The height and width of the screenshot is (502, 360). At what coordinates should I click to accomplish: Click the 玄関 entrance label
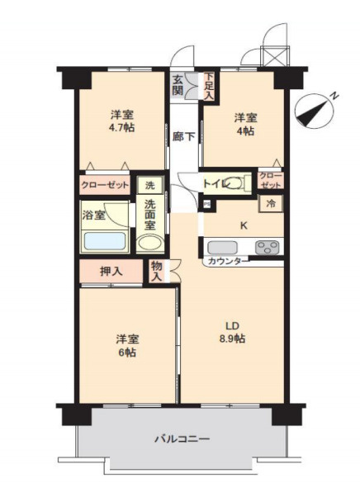point(178,84)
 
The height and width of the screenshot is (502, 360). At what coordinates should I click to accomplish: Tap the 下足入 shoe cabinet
point(209,86)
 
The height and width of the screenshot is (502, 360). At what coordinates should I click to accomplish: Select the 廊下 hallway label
point(183,136)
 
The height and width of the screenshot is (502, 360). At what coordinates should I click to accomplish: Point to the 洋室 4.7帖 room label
point(122,121)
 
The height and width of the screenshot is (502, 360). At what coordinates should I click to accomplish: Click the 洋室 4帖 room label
point(245,124)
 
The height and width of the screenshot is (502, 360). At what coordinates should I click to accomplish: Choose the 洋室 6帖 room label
point(127,346)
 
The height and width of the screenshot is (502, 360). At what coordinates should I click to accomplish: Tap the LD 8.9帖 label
point(232,332)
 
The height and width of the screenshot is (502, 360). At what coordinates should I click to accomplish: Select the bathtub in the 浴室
point(104,241)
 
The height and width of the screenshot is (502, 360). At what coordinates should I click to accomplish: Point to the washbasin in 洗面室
point(150,244)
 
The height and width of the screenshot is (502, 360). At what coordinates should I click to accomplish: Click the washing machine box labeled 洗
point(150,185)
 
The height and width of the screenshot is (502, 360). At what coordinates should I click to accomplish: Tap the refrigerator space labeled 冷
point(271,203)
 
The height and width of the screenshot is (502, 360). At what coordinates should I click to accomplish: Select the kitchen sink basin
point(222,248)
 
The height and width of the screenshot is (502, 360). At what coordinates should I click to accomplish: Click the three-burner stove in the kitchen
point(268,247)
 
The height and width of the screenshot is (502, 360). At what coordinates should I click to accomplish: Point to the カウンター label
point(228,261)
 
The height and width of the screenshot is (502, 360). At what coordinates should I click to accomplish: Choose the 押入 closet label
point(111,272)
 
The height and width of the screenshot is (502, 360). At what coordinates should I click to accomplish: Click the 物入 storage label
point(157,271)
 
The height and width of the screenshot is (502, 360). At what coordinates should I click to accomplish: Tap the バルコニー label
point(182,438)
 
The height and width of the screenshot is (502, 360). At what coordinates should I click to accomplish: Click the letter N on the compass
point(335,96)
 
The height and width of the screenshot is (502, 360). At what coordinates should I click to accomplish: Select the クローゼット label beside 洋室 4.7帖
point(105,185)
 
